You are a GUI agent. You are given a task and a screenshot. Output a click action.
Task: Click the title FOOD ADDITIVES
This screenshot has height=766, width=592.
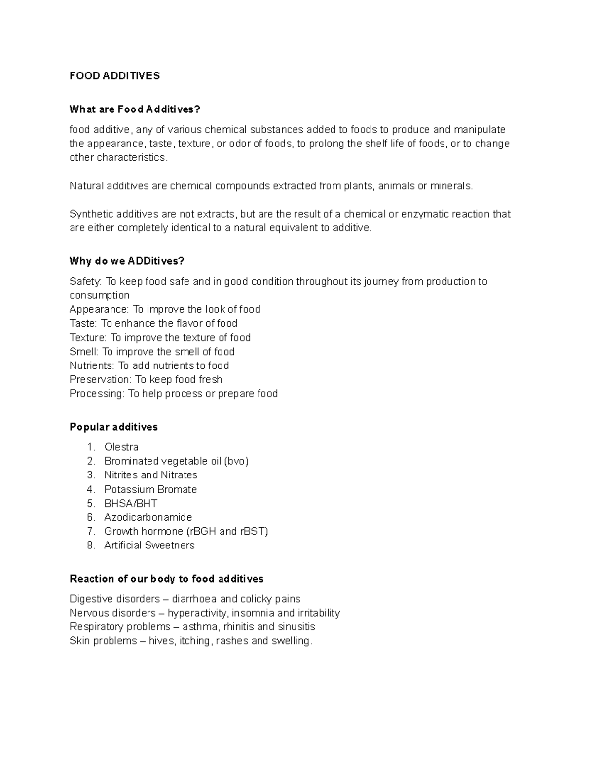114,75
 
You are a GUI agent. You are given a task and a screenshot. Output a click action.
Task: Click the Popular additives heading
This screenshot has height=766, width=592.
113,427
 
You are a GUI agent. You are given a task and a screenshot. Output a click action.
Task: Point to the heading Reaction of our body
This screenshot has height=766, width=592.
166,578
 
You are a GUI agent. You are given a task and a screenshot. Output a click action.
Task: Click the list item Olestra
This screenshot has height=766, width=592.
121,447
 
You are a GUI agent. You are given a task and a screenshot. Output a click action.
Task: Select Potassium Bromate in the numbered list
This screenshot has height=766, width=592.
150,489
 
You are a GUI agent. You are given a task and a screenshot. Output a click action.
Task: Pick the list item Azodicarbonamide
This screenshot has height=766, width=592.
148,517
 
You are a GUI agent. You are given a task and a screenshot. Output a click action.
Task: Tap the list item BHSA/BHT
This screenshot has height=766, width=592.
131,503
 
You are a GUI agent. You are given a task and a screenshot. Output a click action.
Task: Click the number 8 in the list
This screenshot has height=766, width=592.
90,545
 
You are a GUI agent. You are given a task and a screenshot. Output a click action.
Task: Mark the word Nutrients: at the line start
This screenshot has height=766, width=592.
92,365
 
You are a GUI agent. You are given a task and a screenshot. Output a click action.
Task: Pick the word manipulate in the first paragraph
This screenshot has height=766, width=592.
480,130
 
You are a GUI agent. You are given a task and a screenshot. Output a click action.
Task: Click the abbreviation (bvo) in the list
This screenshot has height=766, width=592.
236,461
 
